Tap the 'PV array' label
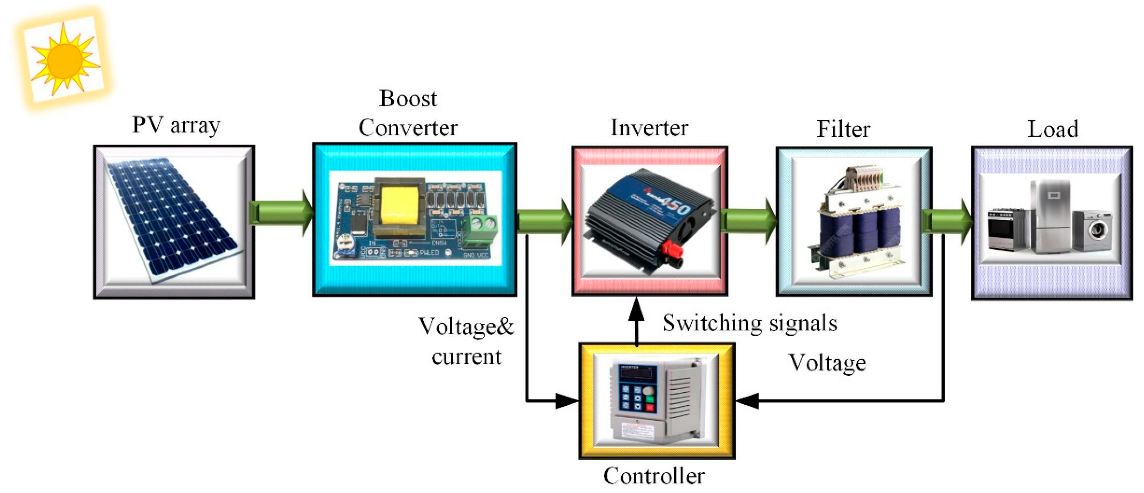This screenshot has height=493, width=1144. click(176, 125)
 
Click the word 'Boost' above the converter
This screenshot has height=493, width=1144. click(408, 98)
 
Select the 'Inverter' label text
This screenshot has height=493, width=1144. click(649, 128)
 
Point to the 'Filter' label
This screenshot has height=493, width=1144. click(843, 130)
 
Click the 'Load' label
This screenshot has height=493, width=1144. click(1053, 130)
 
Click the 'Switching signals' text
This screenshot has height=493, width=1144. click(750, 323)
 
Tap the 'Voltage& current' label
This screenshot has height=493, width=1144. click(466, 341)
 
